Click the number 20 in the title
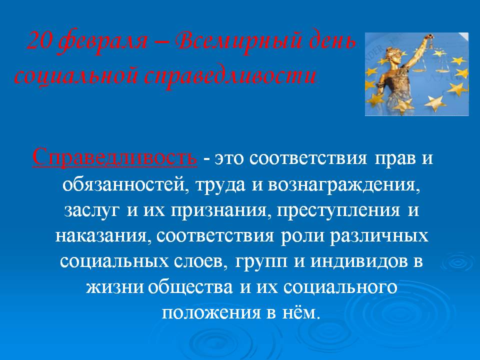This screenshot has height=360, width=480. coord(38,41)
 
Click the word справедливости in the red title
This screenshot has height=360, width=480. coord(229,76)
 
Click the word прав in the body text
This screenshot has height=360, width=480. coord(394,159)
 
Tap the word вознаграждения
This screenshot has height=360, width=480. coord(343,185)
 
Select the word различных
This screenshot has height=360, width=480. coord(378,236)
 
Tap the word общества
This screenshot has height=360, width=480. coord(190,287)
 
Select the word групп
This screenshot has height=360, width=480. coord(261,262)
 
